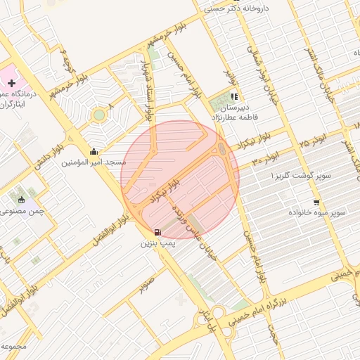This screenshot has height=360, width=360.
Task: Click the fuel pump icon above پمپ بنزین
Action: (x=157, y=233)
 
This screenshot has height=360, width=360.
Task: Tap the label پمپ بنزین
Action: (x=156, y=243)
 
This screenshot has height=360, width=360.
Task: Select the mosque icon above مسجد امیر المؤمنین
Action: (x=94, y=152)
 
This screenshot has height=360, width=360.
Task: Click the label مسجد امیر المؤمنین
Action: (x=94, y=162)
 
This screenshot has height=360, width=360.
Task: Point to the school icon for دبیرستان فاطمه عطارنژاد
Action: (x=234, y=98)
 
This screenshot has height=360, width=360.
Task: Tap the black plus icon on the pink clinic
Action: (x=12, y=83)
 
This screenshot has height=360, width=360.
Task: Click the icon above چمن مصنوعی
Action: (x=22, y=200)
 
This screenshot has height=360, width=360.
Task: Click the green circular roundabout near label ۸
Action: (x=99, y=115)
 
